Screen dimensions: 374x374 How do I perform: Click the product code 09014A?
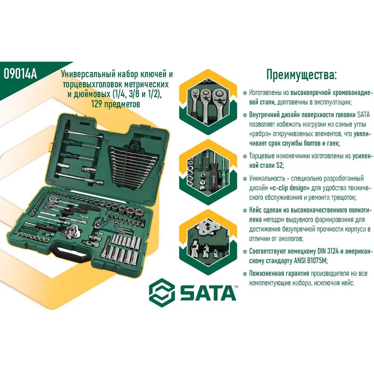click(x=20, y=74)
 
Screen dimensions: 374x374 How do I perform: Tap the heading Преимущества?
click(x=301, y=75)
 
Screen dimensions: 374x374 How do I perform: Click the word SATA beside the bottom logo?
click(x=208, y=293)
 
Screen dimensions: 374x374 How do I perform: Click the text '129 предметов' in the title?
click(x=116, y=104)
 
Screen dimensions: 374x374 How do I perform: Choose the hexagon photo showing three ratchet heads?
click(x=208, y=102)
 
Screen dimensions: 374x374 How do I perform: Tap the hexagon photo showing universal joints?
click(x=208, y=242)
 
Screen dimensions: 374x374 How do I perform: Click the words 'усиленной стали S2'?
click(x=310, y=160)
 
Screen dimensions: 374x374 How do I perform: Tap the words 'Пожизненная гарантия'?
click(x=279, y=273)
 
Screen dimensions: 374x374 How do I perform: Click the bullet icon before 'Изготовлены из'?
click(x=245, y=93)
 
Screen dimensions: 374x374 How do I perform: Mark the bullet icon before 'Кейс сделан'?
click(x=245, y=210)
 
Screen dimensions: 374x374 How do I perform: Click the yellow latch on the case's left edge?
click(x=51, y=147)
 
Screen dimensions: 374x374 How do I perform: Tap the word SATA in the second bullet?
click(x=363, y=114)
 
